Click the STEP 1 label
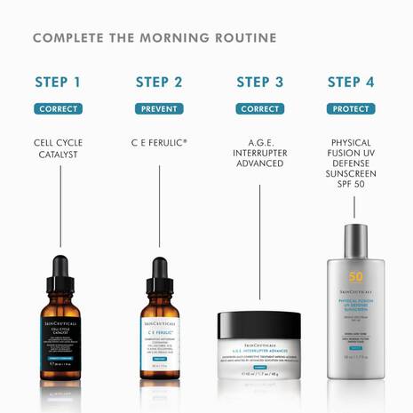[x=58, y=83]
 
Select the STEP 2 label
[x=159, y=83]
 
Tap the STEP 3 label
[x=259, y=83]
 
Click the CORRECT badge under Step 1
[x=58, y=109]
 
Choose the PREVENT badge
[x=159, y=109]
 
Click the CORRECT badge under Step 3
[x=259, y=109]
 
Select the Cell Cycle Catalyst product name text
[x=58, y=148]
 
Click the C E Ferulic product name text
[x=159, y=142]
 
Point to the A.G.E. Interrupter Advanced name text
[x=259, y=155]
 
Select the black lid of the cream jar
[x=260, y=322]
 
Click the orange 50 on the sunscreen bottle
[x=355, y=276]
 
